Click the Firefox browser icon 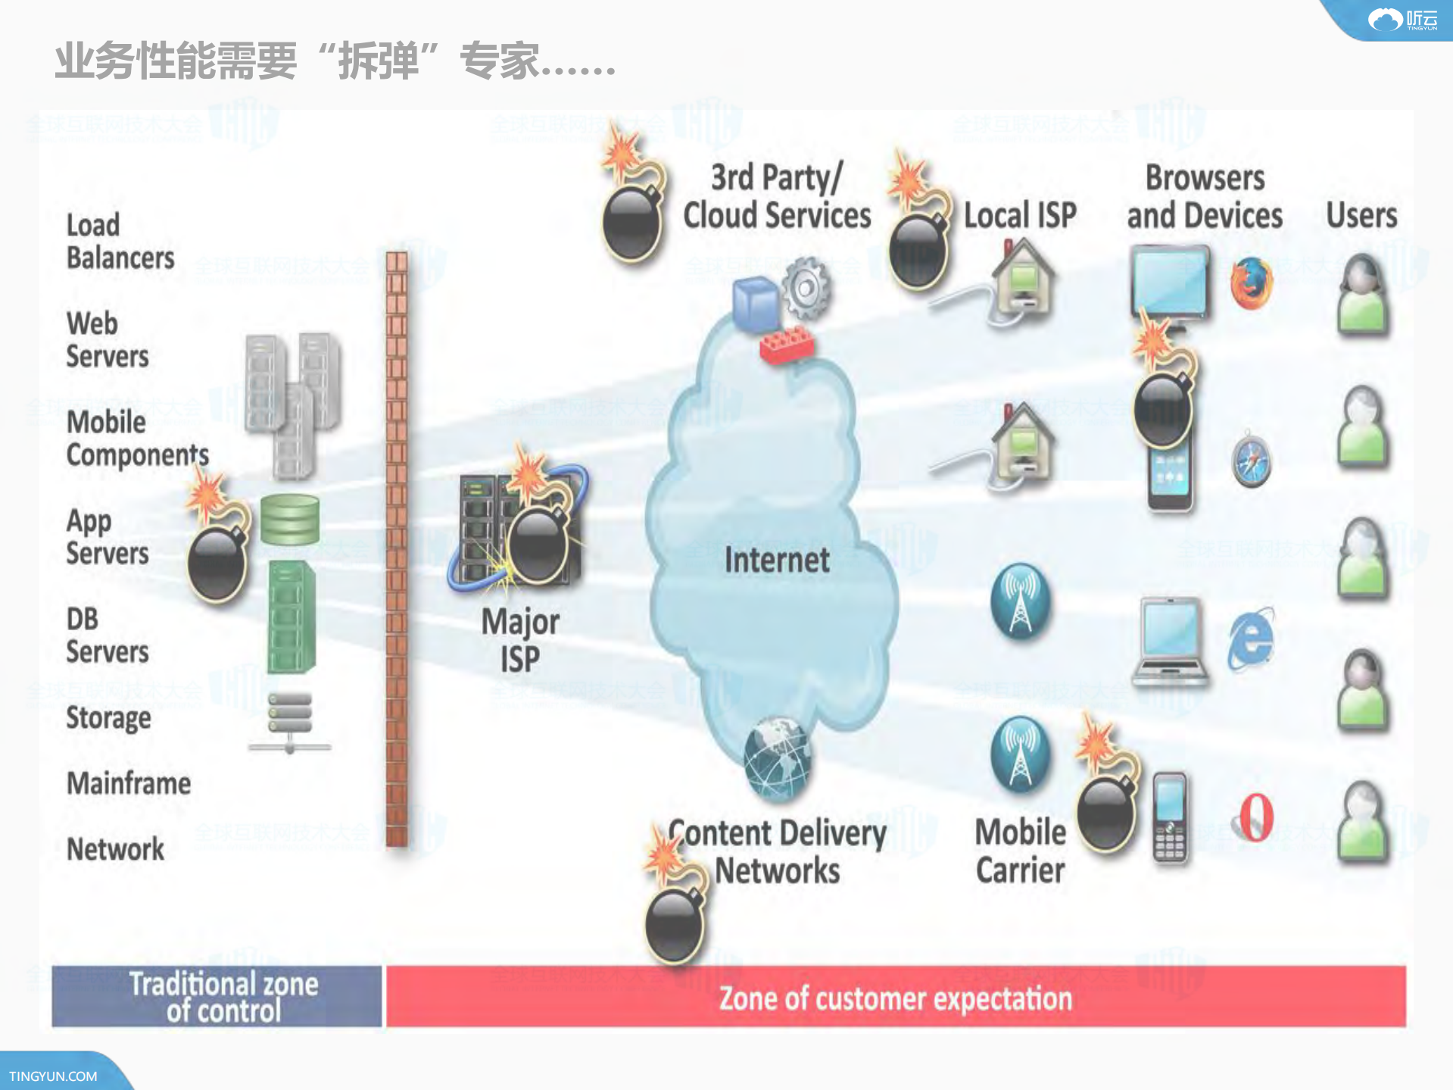tap(1251, 284)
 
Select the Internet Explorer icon tap(1251, 639)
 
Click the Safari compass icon tap(1251, 460)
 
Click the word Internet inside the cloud tap(777, 560)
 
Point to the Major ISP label tap(520, 640)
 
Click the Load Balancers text tap(120, 242)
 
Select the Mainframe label tap(129, 783)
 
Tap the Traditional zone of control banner tap(217, 997)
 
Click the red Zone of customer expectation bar tap(896, 998)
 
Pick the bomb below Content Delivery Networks tap(674, 923)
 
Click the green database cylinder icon tap(290, 520)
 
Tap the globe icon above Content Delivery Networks tap(777, 757)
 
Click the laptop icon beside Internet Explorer tap(1170, 641)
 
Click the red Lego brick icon tap(787, 346)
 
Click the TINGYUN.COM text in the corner tap(53, 1076)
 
